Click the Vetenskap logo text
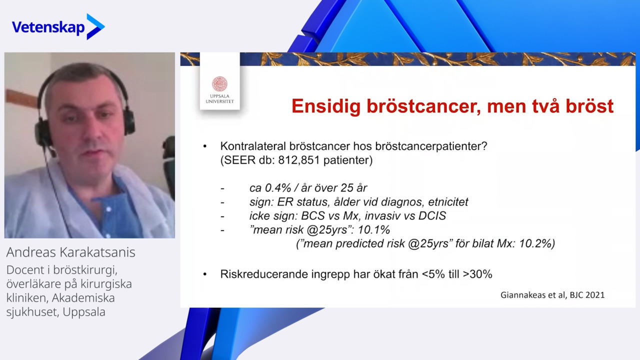click(48, 27)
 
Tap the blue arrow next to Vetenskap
click(95, 26)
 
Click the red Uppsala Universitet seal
click(219, 84)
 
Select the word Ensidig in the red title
click(326, 107)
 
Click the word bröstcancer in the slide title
click(423, 106)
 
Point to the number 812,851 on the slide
click(299, 160)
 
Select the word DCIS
click(432, 215)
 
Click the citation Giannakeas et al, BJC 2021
click(552, 295)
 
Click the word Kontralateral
click(253, 146)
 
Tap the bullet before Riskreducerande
click(204, 274)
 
